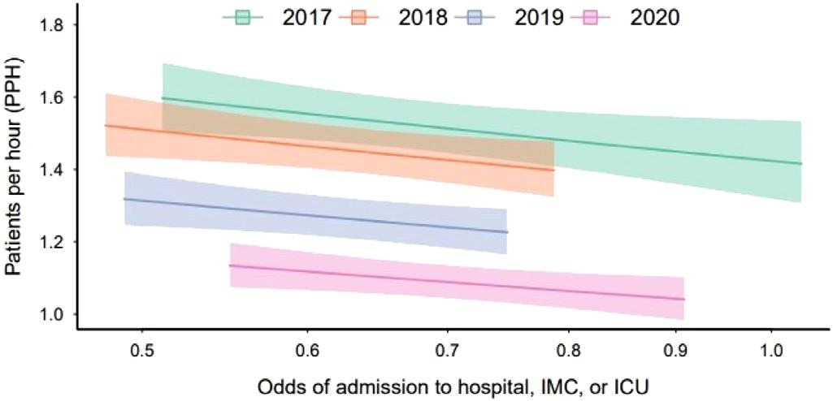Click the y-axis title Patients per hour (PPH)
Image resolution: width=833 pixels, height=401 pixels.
pyautogui.click(x=15, y=171)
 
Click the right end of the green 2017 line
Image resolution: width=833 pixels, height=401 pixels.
pyautogui.click(x=801, y=164)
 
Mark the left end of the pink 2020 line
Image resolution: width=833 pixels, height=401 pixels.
pyautogui.click(x=231, y=265)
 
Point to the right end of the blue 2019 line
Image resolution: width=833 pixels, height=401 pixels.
pyautogui.click(x=506, y=232)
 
